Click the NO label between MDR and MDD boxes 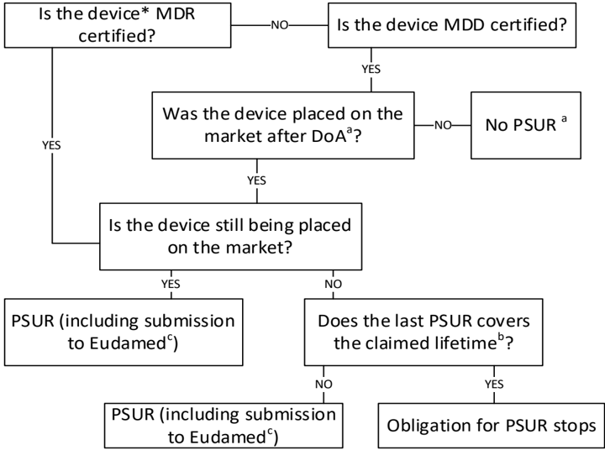(x=278, y=25)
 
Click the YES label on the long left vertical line (x=52, y=144)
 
